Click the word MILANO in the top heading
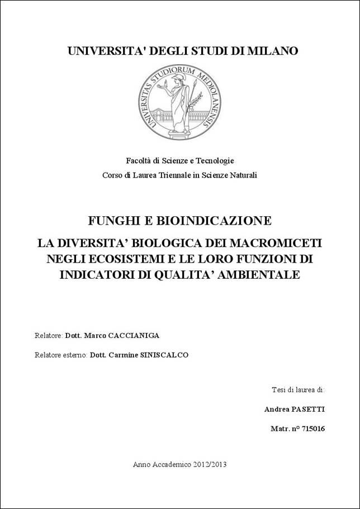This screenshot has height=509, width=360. click(270, 51)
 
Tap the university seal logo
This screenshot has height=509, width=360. click(179, 101)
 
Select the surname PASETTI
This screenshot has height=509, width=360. click(307, 409)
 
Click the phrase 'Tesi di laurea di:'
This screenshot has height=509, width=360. click(298, 389)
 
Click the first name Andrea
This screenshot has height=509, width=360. click(276, 409)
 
